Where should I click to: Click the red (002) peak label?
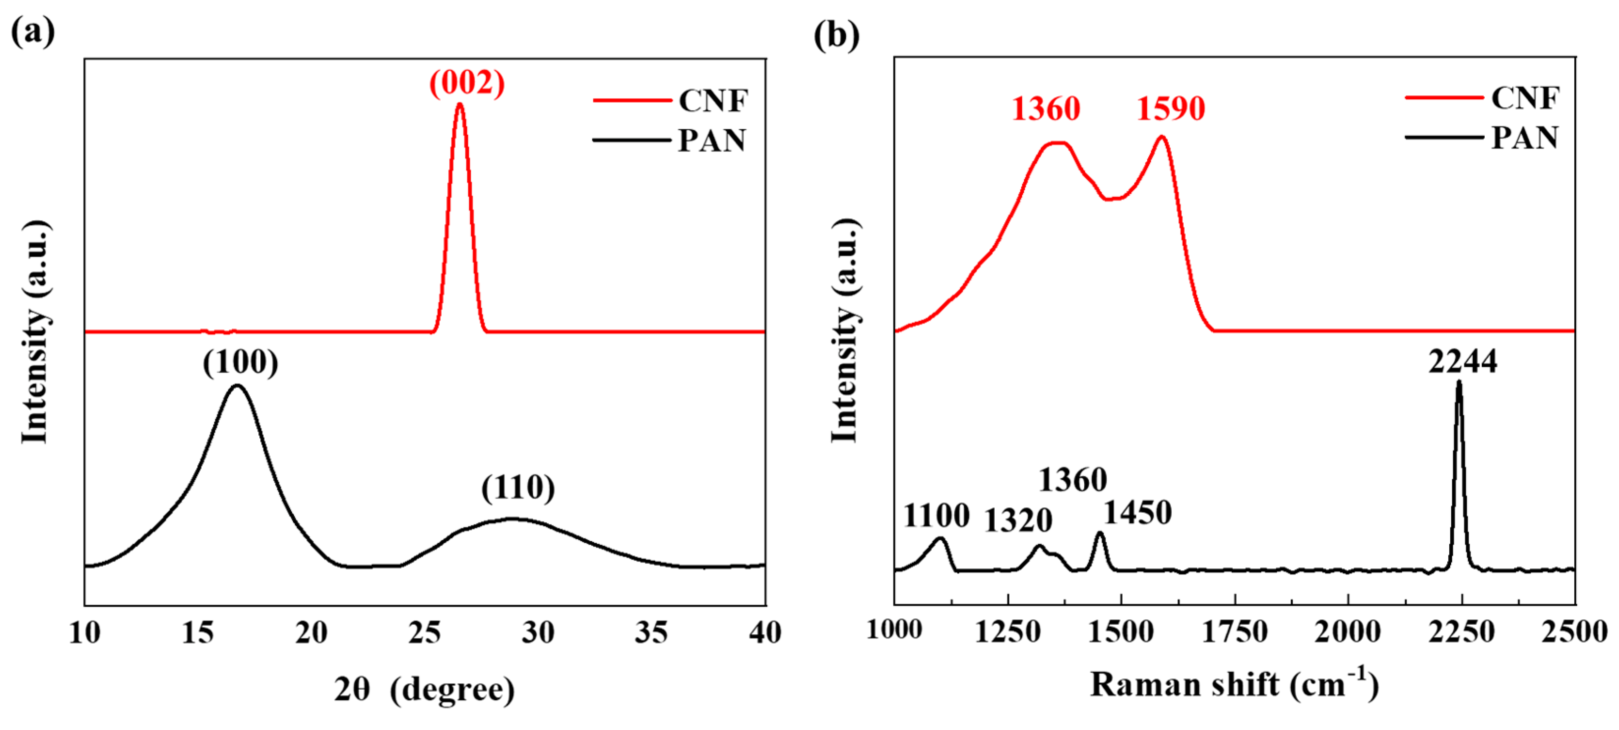466,83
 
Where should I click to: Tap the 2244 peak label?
1462,362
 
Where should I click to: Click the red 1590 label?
1170,109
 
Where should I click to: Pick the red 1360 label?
1046,109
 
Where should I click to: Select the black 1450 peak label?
1137,513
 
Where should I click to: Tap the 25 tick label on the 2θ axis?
424,633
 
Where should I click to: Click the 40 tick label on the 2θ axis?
764,633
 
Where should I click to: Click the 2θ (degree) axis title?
424,689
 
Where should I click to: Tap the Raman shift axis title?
1234,684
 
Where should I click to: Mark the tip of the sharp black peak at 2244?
1459,382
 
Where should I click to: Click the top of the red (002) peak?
459,104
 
